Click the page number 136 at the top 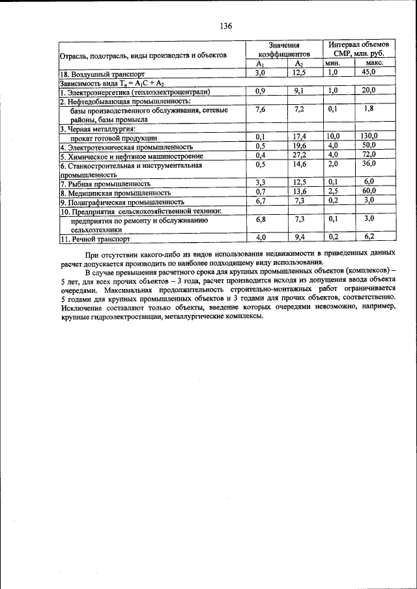(226, 27)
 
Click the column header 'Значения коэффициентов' (283, 50)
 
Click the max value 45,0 (369, 74)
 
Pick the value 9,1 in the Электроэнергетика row (299, 91)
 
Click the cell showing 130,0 (369, 137)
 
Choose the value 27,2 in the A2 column (299, 156)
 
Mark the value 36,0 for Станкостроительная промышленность (369, 165)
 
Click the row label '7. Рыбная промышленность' (101, 184)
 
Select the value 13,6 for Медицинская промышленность (299, 192)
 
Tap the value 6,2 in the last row (369, 238)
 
